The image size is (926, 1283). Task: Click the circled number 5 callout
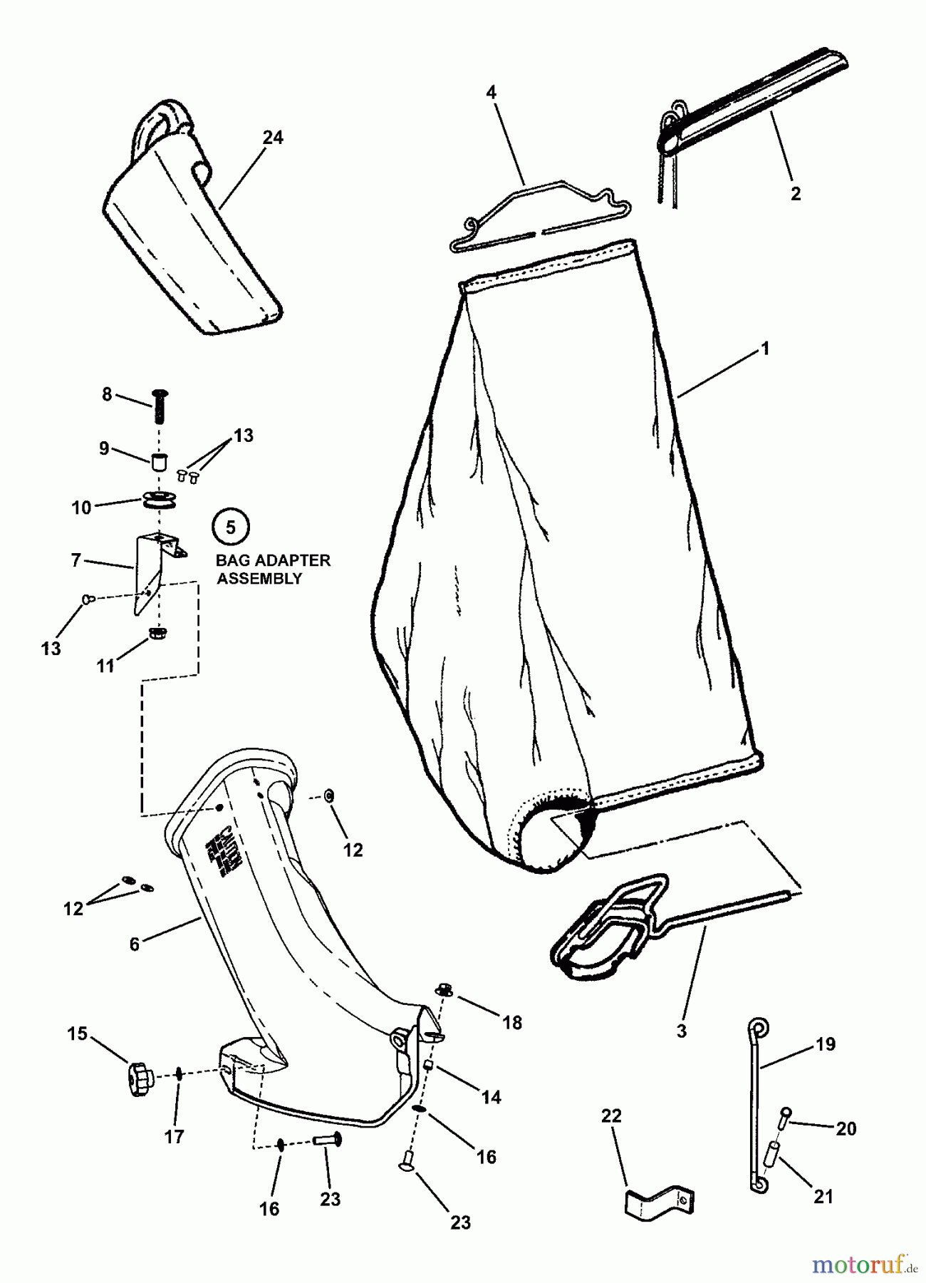pyautogui.click(x=230, y=527)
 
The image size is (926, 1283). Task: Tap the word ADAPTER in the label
pyautogui.click(x=293, y=560)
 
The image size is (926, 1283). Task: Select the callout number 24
pyautogui.click(x=273, y=138)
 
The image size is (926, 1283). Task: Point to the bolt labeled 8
pyautogui.click(x=159, y=406)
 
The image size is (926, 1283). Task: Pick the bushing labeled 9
pyautogui.click(x=160, y=460)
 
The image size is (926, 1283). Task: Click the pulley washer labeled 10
pyautogui.click(x=158, y=500)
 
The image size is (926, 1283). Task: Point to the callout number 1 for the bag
pyautogui.click(x=765, y=349)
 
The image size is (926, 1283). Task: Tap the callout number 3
pyautogui.click(x=681, y=1031)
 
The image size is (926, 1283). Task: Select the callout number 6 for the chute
pyautogui.click(x=135, y=944)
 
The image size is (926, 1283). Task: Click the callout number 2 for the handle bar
pyautogui.click(x=796, y=193)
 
